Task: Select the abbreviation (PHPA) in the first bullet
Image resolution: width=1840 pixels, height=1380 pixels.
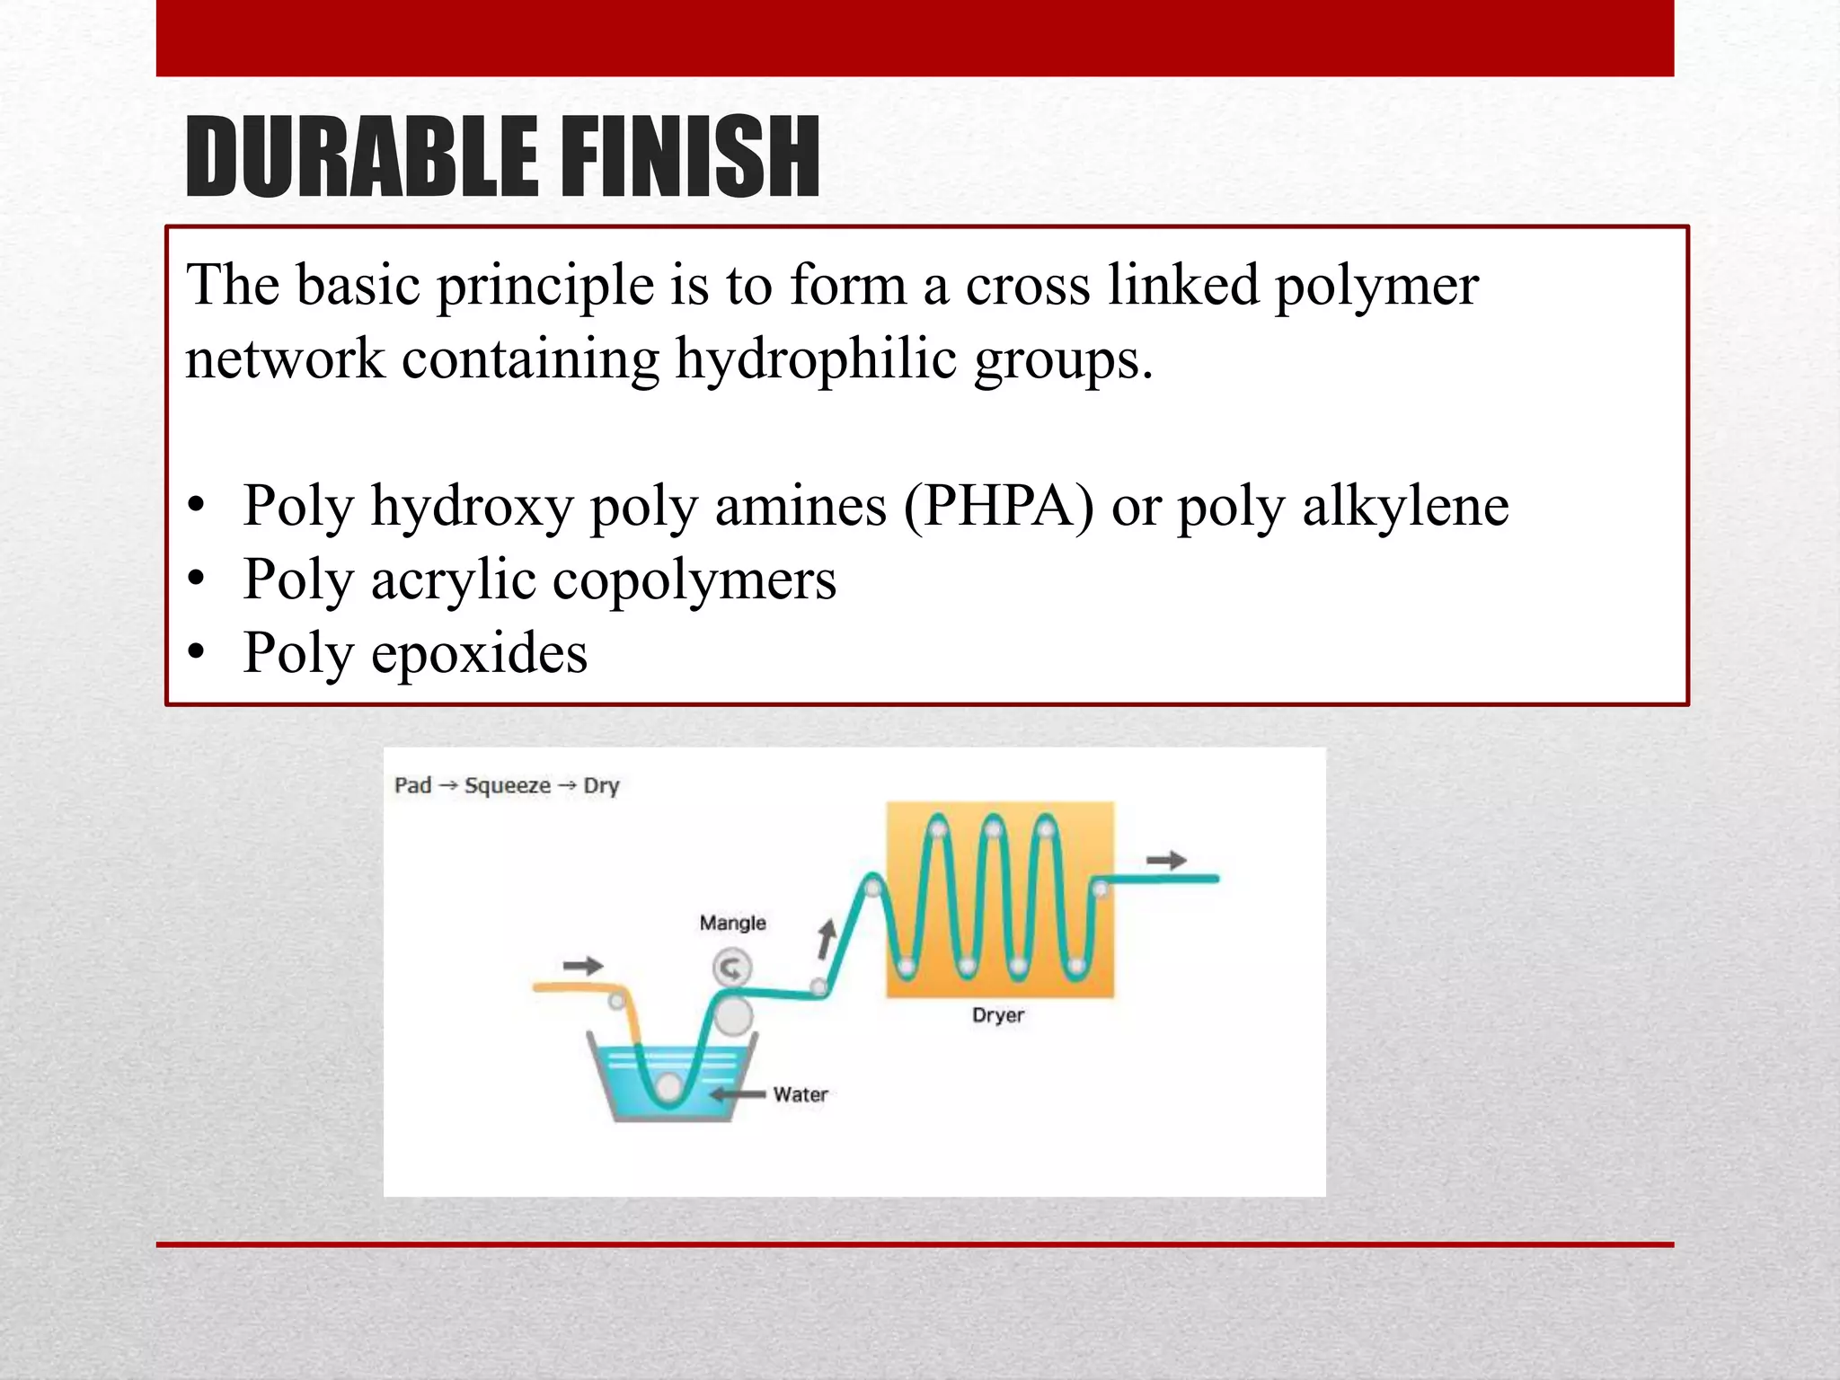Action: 999,506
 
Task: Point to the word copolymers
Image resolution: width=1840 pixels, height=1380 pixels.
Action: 694,579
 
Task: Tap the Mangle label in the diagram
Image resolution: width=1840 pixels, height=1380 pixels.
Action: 732,923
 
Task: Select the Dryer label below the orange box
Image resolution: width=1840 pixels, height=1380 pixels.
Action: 997,1015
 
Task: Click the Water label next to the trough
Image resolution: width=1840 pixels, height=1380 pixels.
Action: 800,1094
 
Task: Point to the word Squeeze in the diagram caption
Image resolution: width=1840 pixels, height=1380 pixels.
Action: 507,786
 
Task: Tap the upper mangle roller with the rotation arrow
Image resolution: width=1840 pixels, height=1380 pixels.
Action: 731,969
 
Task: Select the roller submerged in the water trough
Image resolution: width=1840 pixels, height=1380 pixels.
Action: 668,1087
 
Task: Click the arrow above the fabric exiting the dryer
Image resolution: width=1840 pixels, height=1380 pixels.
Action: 1166,861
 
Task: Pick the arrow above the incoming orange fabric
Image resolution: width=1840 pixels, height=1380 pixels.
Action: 582,967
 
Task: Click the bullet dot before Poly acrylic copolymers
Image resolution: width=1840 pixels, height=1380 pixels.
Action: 197,579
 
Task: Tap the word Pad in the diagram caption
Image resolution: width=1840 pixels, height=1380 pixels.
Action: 412,786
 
